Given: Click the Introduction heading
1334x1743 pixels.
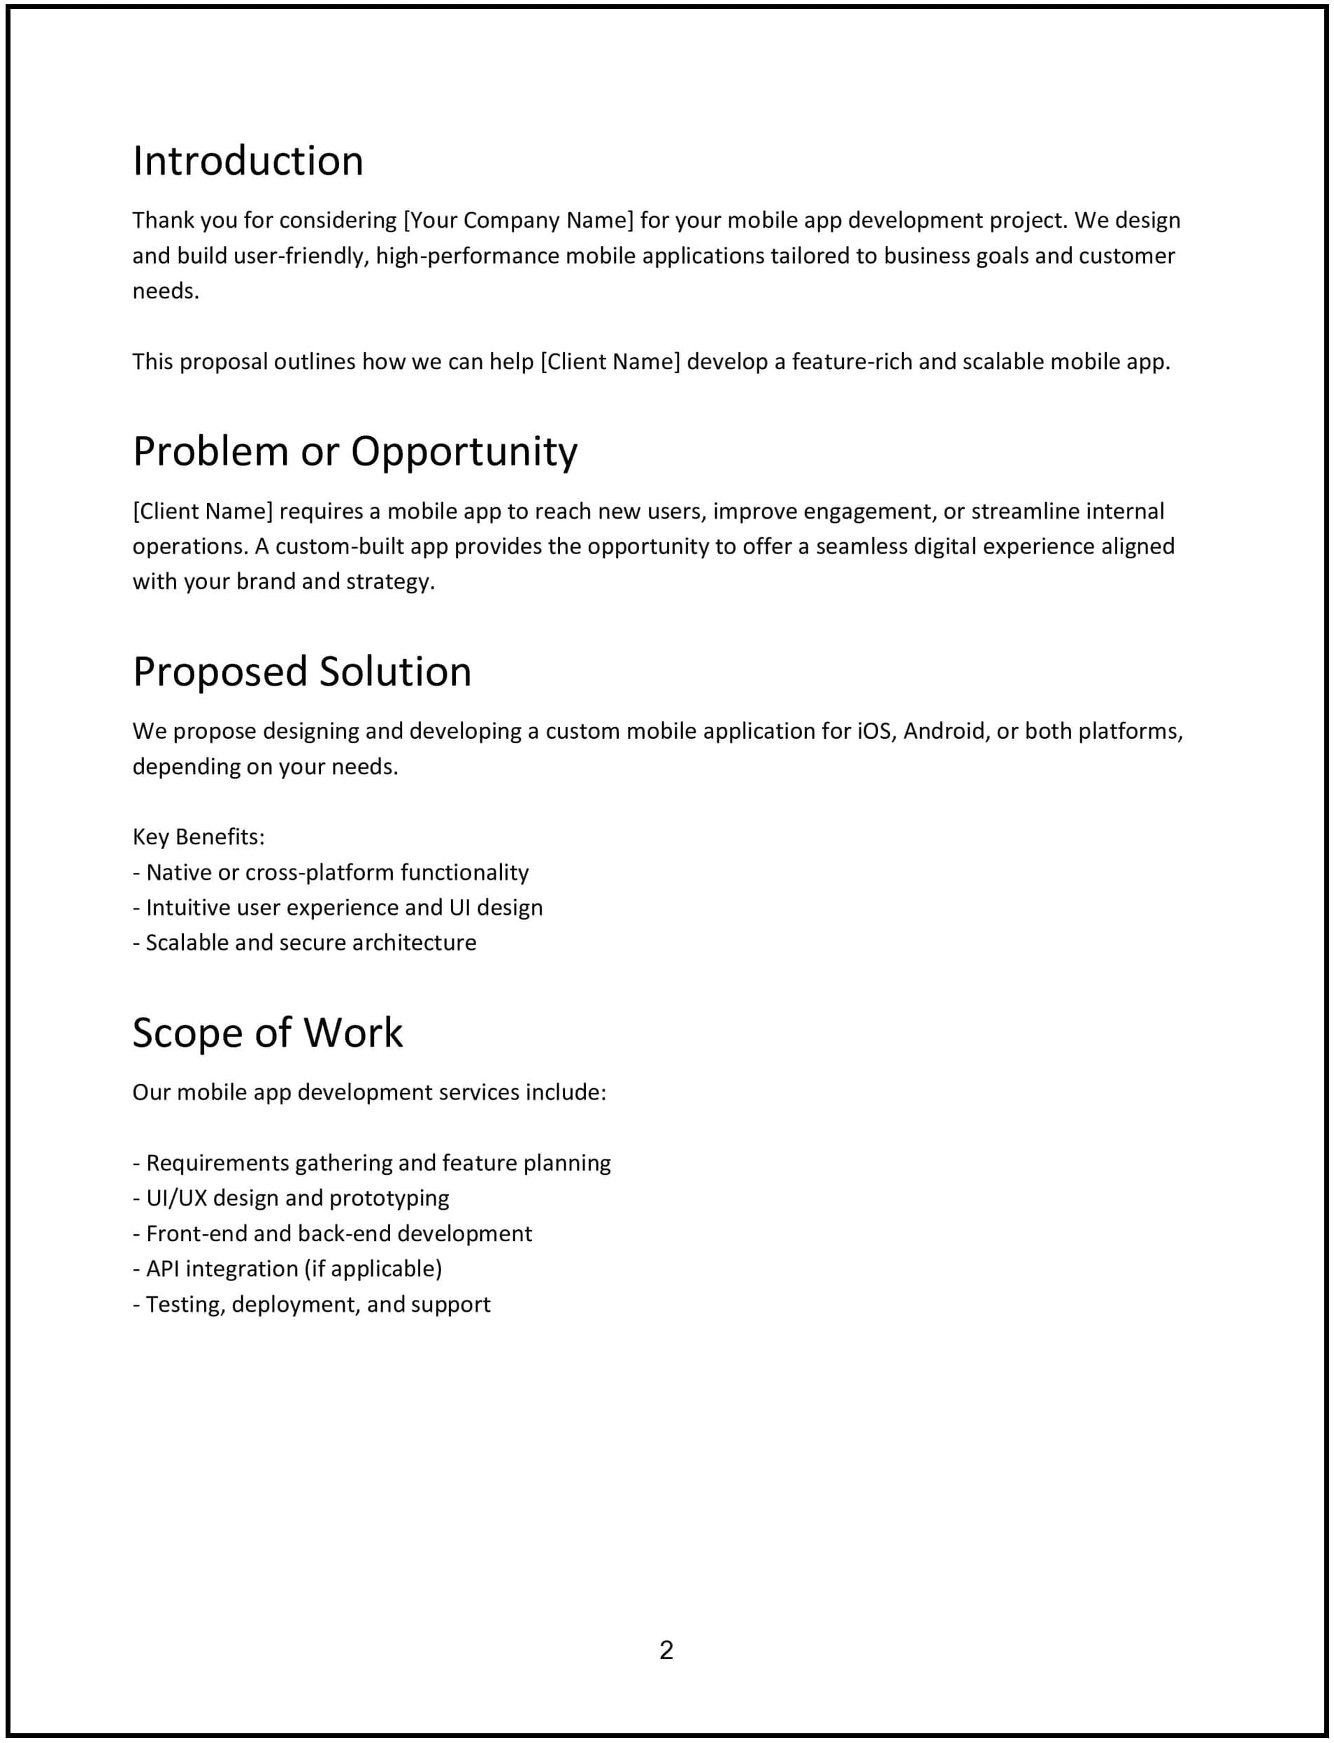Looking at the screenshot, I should (x=248, y=161).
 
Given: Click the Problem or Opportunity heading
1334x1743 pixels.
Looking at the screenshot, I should (x=355, y=451).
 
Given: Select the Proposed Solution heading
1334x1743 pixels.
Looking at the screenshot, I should (x=302, y=672).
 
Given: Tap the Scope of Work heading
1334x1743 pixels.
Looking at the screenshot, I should (x=268, y=1033).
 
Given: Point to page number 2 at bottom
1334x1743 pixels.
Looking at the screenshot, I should (x=666, y=1650).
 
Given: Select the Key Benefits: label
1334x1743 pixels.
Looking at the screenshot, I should (x=199, y=837).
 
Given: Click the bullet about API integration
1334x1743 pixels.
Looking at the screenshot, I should (x=287, y=1268).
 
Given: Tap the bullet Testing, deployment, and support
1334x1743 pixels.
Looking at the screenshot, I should (x=311, y=1304).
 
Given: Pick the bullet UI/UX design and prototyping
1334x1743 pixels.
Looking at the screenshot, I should (x=291, y=1198).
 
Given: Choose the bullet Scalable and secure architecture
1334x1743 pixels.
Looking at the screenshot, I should (x=304, y=942).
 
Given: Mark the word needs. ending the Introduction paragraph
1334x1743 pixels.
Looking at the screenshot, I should (x=165, y=291).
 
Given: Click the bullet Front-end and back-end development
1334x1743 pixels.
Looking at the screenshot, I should (x=332, y=1234).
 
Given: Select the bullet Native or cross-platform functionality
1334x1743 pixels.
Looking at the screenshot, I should (x=330, y=872).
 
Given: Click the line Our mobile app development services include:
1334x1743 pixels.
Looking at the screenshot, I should (x=369, y=1092).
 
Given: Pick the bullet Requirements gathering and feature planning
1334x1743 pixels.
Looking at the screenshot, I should (x=372, y=1163).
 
